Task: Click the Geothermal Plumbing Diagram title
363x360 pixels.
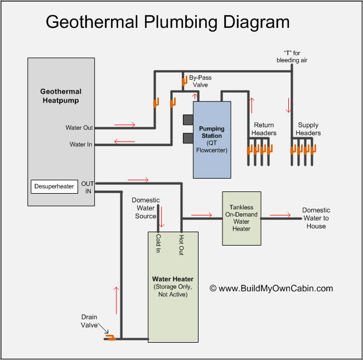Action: [167, 22]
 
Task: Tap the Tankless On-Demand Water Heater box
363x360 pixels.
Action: [241, 218]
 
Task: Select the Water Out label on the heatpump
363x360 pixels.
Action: [79, 128]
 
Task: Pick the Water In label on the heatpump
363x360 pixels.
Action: [81, 145]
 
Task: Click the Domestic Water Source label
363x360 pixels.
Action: [146, 208]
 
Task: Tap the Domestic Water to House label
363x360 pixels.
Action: [316, 218]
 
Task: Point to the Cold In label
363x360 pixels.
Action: [159, 244]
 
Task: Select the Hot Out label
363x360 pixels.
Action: [181, 244]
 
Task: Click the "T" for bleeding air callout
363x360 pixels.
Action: [292, 56]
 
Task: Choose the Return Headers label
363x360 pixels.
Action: [264, 129]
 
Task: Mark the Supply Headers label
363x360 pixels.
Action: [308, 129]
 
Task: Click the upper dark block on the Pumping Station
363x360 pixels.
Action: [187, 120]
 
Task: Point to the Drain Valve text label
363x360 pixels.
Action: [89, 321]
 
